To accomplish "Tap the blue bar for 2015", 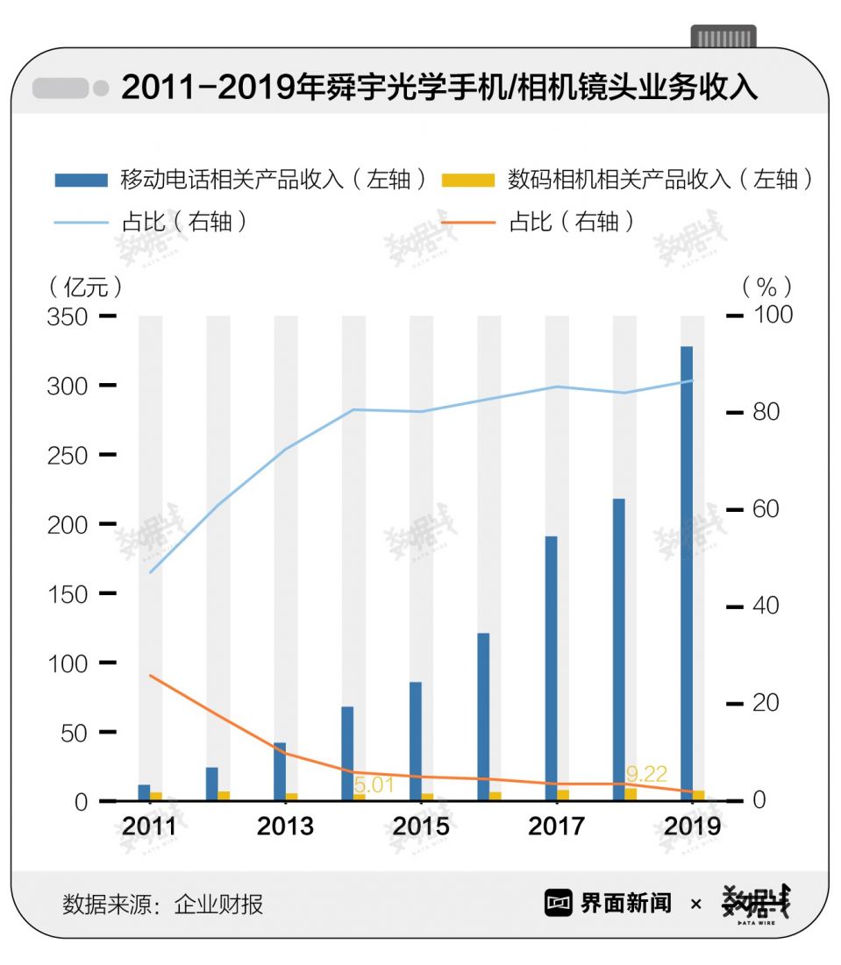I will (x=416, y=741).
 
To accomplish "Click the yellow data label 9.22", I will (x=646, y=774).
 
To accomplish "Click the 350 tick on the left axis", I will (x=68, y=316).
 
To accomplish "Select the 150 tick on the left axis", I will (x=68, y=593).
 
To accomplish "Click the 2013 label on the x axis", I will (x=285, y=827).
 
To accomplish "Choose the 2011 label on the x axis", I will (x=149, y=827).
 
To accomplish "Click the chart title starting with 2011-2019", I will (x=438, y=89).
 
